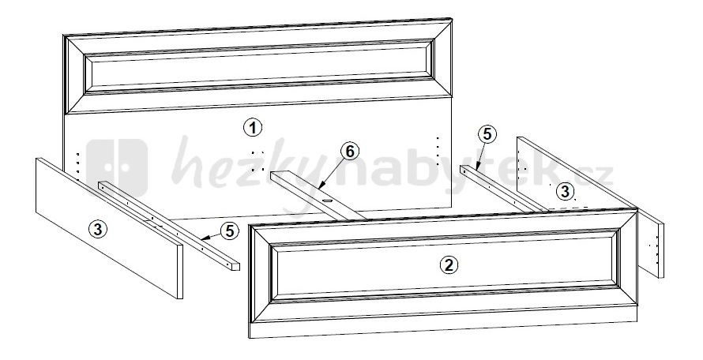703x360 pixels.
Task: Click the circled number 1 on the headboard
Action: click(x=253, y=128)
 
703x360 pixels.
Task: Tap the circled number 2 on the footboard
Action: click(x=449, y=265)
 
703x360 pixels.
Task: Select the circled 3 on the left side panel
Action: click(x=98, y=230)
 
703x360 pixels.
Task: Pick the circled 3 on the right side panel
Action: click(x=565, y=192)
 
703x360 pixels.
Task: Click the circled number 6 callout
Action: click(x=350, y=152)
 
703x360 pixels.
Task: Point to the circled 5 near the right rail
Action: click(x=487, y=134)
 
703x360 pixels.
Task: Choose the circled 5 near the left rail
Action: click(x=230, y=231)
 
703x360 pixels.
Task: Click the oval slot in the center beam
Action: click(x=327, y=202)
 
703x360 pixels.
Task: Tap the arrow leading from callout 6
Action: click(x=332, y=174)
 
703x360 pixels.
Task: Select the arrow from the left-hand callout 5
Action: click(x=211, y=237)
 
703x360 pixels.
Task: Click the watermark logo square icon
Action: click(x=117, y=167)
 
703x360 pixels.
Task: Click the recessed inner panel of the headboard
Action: click(x=259, y=68)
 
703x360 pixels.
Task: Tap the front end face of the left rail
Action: click(x=235, y=266)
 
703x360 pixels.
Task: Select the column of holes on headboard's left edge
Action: click(x=78, y=167)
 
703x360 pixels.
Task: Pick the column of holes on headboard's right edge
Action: click(x=438, y=151)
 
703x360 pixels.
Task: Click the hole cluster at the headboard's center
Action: click(x=258, y=161)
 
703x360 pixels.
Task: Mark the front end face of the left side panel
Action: click(x=180, y=272)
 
